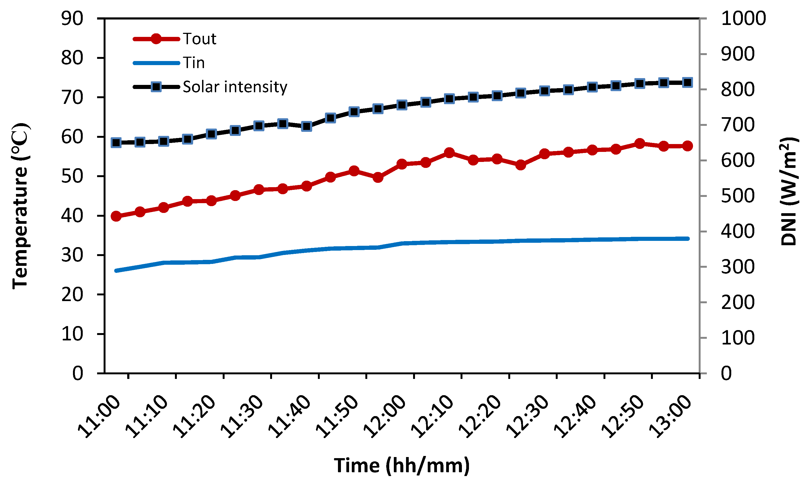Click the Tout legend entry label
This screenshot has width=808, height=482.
point(199,39)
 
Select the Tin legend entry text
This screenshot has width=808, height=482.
point(194,63)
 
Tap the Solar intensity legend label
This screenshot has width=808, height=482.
point(235,87)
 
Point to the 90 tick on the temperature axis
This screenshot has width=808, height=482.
point(72,18)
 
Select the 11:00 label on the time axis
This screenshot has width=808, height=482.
point(99,417)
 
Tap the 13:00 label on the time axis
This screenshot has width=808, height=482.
point(670,417)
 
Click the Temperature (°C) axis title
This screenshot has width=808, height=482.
point(20,206)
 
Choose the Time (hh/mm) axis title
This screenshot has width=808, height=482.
point(402,465)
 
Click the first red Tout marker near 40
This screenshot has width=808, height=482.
point(116,216)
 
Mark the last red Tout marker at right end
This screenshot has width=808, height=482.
point(688,146)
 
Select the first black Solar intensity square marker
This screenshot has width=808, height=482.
point(116,143)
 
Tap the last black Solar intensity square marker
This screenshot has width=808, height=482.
point(688,82)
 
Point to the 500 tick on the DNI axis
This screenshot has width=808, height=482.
point(737,196)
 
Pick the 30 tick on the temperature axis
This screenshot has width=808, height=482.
point(72,255)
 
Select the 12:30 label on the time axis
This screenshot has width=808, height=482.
point(527,417)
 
